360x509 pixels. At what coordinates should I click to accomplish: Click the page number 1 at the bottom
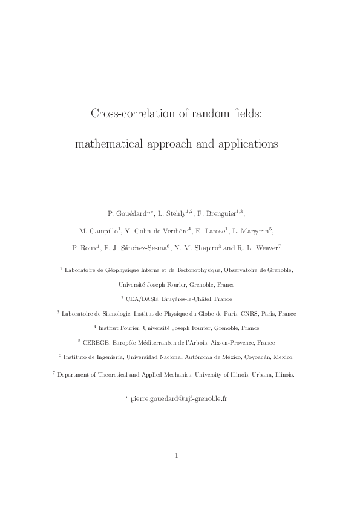click(x=176, y=456)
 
